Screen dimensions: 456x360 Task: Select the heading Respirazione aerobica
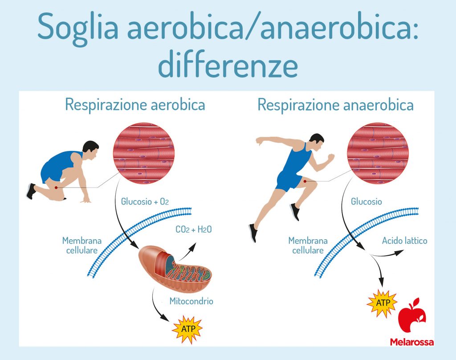(135, 105)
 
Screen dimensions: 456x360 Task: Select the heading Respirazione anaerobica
(336, 105)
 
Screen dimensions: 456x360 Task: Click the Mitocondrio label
(191, 301)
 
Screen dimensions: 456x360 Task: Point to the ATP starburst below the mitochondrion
(187, 329)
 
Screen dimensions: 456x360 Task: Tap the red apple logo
(412, 315)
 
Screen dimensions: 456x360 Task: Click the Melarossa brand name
(412, 342)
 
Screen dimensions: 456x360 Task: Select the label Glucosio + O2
(145, 201)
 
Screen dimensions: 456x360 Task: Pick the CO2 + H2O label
(194, 229)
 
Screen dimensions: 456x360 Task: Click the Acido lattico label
(404, 241)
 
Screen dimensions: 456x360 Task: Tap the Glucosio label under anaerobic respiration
(366, 201)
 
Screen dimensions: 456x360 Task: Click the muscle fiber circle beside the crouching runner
(144, 153)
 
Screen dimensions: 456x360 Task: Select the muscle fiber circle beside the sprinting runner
(378, 153)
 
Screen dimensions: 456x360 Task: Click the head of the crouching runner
(90, 151)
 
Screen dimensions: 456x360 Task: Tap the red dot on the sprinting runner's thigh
(305, 181)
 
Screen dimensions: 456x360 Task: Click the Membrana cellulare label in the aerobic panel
(82, 245)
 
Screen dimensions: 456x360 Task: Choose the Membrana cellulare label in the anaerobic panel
(308, 245)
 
